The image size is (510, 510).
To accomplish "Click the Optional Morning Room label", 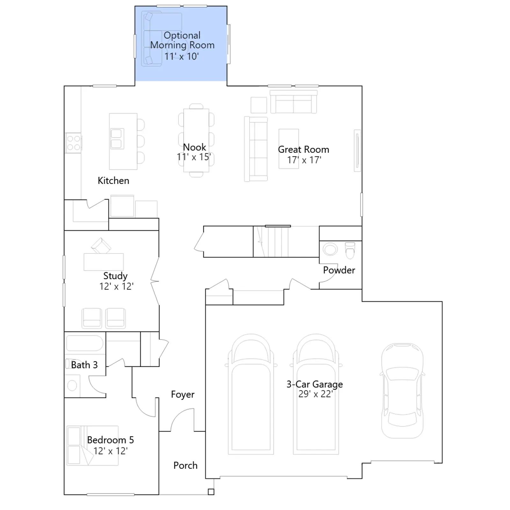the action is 182,40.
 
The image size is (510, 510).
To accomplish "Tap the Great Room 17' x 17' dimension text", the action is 304,160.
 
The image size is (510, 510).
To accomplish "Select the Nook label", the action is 194,147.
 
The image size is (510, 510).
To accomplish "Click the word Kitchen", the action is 113,181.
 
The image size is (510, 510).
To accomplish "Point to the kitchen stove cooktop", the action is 73,143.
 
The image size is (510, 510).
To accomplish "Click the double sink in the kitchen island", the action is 116,139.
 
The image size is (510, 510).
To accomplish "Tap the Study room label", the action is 115,276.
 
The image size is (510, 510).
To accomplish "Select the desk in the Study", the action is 104,262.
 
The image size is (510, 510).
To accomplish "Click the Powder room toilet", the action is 350,251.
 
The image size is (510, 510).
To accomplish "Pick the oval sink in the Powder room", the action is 330,249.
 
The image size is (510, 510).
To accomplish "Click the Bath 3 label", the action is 84,365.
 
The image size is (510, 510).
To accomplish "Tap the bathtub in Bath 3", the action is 85,343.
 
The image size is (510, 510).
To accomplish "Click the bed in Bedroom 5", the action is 92,446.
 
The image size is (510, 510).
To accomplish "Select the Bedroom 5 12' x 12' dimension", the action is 111,451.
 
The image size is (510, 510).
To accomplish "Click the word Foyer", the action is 183,395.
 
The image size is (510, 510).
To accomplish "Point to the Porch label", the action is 186,466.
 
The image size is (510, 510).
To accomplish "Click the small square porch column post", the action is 211,492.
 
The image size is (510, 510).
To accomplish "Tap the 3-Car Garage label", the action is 315,384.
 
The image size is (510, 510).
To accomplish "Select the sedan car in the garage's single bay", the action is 402,391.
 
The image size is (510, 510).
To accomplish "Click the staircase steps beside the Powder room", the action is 271,242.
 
